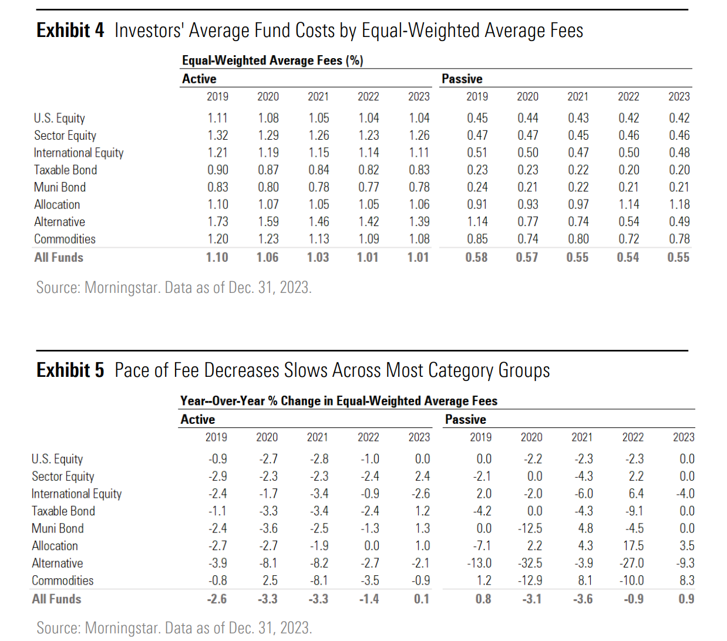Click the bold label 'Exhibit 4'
tap(70, 31)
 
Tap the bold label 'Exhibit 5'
tap(70, 370)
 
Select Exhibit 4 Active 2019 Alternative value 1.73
tap(217, 222)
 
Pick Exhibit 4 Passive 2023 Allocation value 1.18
tap(679, 204)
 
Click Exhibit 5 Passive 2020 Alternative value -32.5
tap(530, 563)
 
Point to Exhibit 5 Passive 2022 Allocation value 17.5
tap(633, 546)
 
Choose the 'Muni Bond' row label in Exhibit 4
tap(60, 187)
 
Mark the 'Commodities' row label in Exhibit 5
tap(62, 581)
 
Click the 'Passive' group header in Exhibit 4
tap(462, 79)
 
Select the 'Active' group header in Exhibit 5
tap(197, 420)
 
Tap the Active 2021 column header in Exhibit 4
tap(318, 97)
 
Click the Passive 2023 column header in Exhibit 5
tap(684, 437)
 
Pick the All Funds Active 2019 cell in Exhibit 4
tap(217, 257)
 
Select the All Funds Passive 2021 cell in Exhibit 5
tap(583, 599)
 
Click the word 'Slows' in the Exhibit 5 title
tap(304, 370)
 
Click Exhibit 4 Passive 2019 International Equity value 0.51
tap(477, 153)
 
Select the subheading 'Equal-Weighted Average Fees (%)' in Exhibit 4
tap(272, 60)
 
